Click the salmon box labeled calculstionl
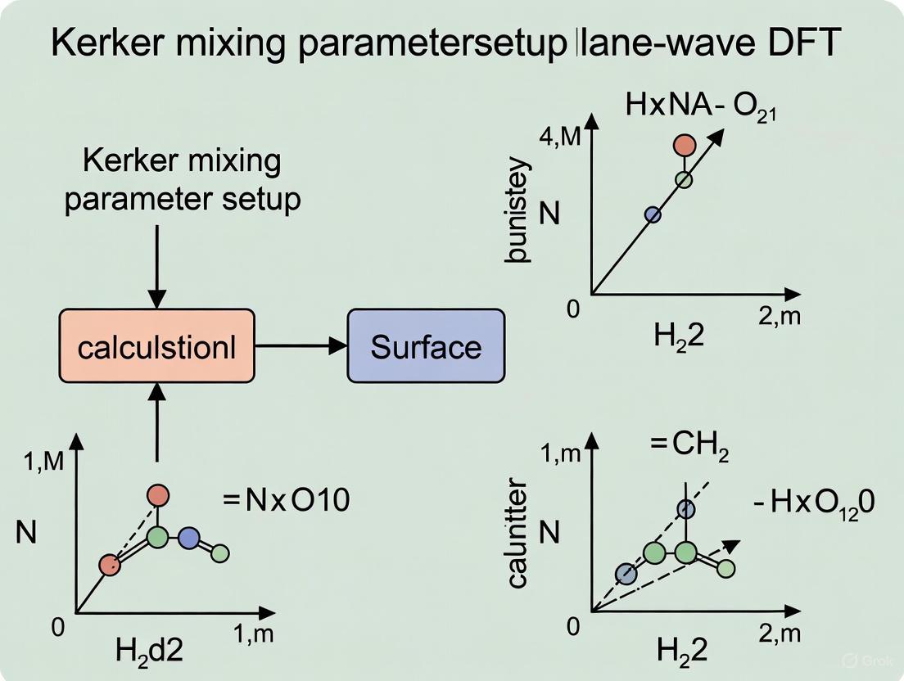tap(156, 346)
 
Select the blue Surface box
tap(425, 346)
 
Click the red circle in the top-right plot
tap(685, 146)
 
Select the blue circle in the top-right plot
tap(653, 214)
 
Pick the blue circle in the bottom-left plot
tap(189, 538)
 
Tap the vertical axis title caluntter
tap(518, 534)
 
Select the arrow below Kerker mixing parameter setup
tap(156, 262)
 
